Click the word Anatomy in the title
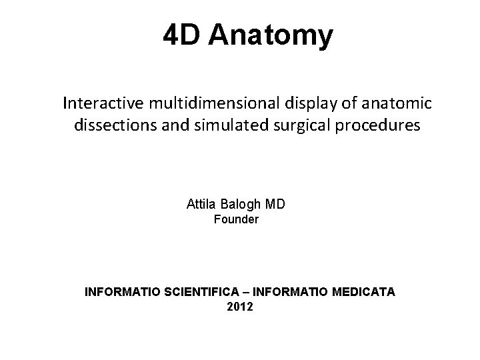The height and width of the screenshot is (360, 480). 270,36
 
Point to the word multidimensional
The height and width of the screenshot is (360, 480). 209,103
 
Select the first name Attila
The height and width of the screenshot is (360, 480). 201,203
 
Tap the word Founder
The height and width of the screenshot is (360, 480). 236,219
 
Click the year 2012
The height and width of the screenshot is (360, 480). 240,307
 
